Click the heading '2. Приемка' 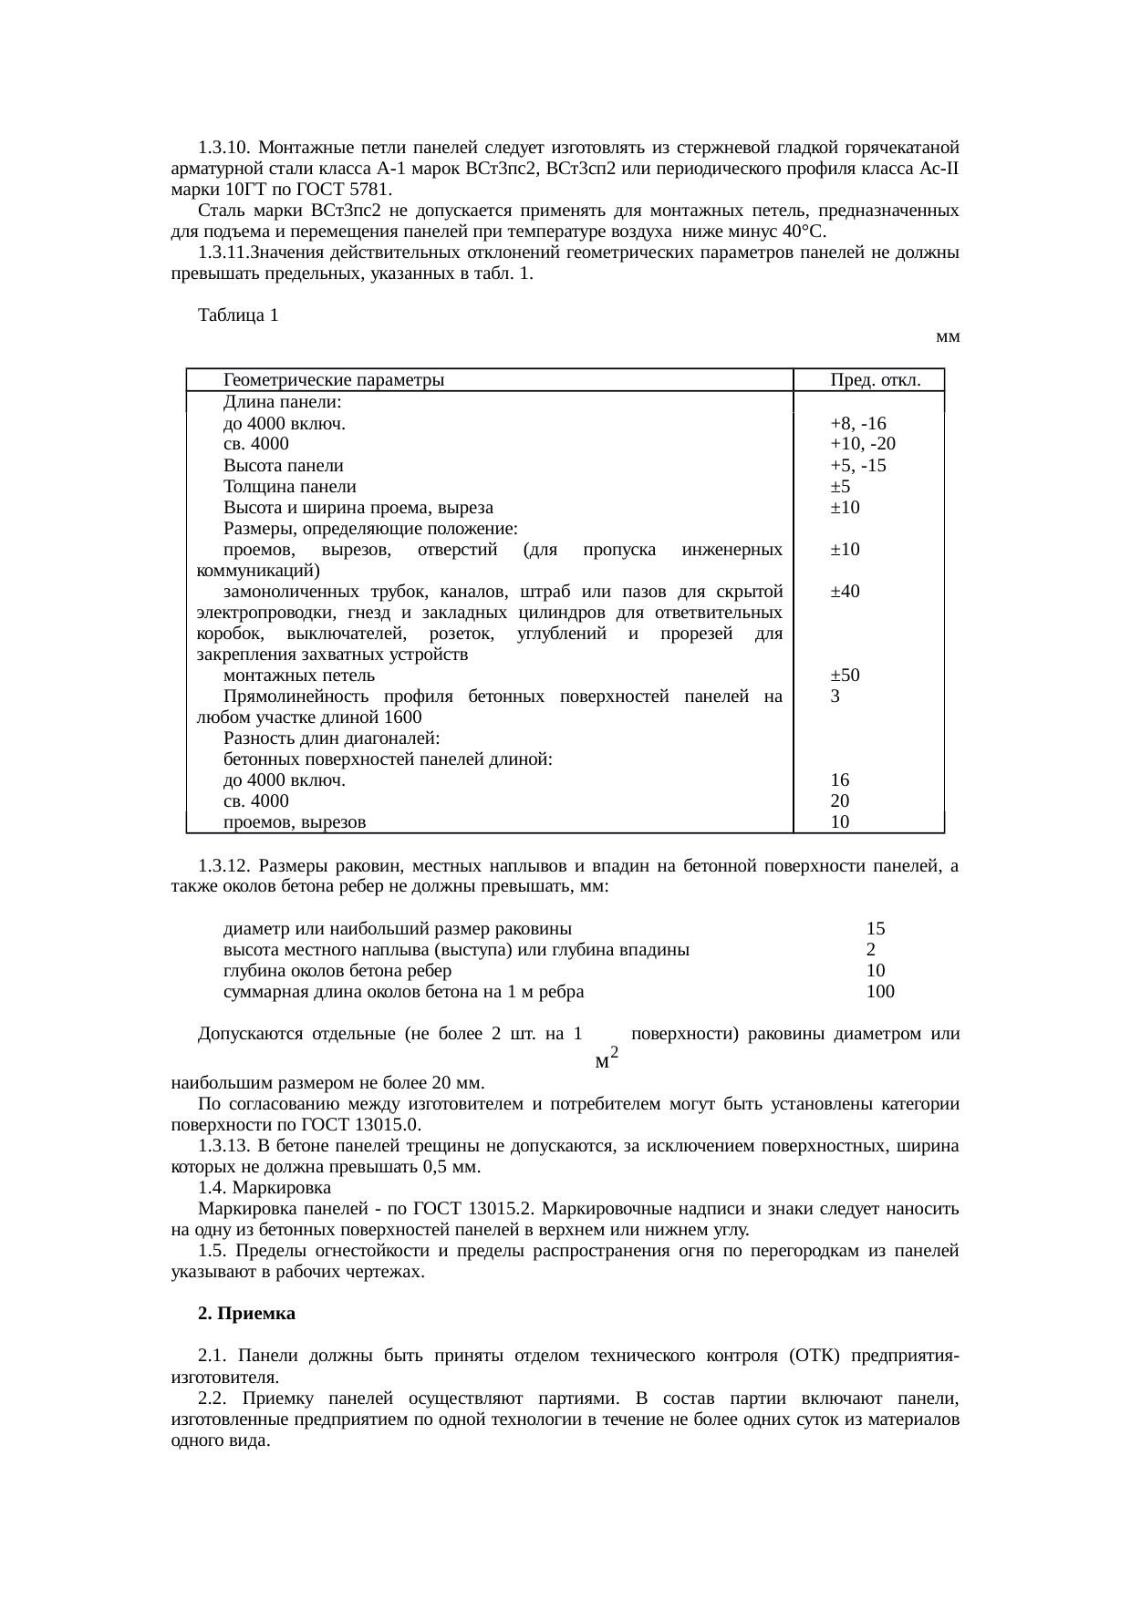click(246, 1314)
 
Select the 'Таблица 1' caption click(238, 315)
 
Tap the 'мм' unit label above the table click(949, 336)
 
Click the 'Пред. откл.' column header click(874, 380)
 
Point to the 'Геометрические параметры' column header click(334, 380)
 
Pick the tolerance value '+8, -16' click(858, 423)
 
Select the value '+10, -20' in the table click(862, 444)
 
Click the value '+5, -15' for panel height click(858, 466)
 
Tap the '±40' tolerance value click(845, 591)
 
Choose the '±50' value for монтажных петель click(845, 676)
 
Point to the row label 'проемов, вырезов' click(295, 822)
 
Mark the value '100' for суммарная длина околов click(880, 992)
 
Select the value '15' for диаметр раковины click(876, 929)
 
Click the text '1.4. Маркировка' click(265, 1188)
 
